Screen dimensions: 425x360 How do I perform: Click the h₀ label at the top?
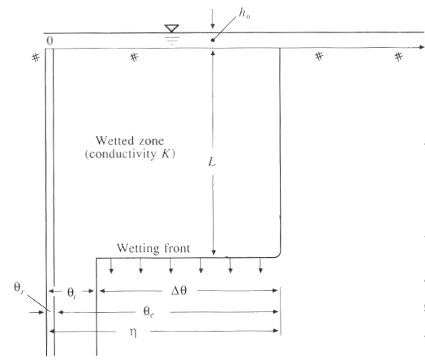[244, 13]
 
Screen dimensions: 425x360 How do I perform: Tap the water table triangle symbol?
[172, 28]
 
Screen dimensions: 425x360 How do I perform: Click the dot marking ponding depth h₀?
[212, 40]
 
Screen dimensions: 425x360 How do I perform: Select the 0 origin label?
[49, 41]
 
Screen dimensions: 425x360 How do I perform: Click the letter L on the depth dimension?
[212, 162]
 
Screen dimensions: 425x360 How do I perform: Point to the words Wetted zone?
[130, 141]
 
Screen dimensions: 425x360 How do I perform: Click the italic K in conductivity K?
[166, 154]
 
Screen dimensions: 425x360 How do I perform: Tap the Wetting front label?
[153, 248]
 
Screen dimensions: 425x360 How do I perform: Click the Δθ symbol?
[179, 290]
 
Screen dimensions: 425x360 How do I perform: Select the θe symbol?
[148, 311]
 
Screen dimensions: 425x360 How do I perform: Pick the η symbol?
[133, 332]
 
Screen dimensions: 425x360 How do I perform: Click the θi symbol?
[71, 293]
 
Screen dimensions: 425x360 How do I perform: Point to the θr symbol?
[19, 288]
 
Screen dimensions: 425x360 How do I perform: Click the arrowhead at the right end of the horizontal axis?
[422, 47]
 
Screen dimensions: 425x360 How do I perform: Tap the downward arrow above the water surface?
[212, 19]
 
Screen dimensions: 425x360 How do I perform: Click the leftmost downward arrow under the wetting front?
[111, 266]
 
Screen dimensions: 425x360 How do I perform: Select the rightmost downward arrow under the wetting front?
[260, 265]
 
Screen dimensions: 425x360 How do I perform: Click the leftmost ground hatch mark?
[36, 58]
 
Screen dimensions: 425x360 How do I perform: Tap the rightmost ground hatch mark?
[398, 57]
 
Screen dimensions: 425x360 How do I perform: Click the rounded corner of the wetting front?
[278, 255]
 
